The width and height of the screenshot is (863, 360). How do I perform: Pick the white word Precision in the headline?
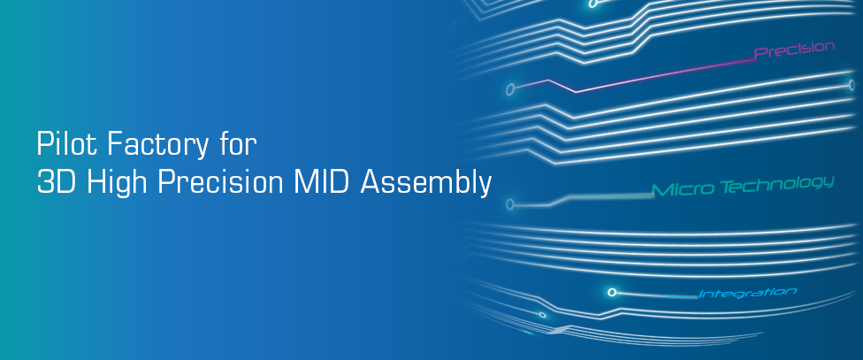click(x=220, y=182)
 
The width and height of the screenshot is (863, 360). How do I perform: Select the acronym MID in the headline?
click(x=321, y=181)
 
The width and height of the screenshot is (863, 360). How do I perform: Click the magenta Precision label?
click(x=794, y=50)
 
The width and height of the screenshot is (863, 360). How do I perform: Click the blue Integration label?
click(x=747, y=293)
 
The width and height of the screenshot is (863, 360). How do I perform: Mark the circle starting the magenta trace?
click(x=510, y=89)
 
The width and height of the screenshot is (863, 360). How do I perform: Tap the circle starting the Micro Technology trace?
click(x=509, y=205)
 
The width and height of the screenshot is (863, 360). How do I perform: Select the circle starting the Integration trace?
click(x=612, y=292)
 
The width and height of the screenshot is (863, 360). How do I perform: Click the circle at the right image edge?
click(x=852, y=85)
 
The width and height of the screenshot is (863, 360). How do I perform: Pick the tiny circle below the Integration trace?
click(x=543, y=315)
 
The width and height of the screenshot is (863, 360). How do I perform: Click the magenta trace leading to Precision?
click(x=633, y=77)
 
